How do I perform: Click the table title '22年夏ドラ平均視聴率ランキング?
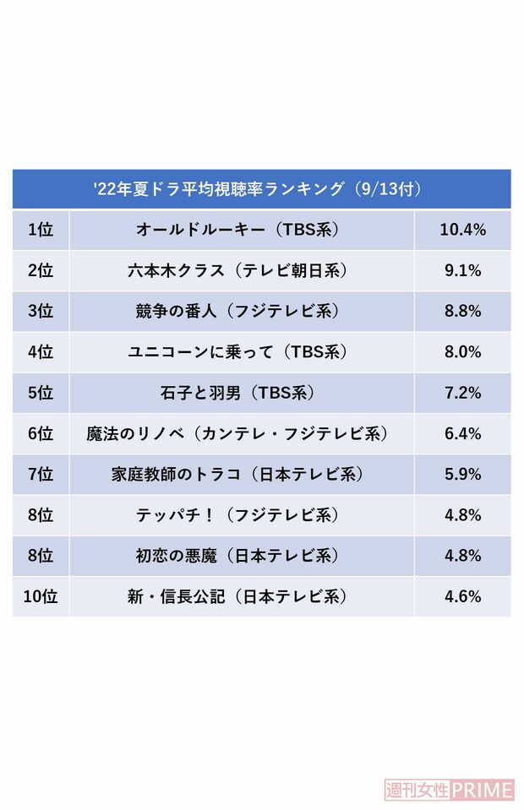tap(261, 188)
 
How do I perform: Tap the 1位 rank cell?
tap(40, 230)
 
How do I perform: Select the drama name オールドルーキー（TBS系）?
tap(242, 230)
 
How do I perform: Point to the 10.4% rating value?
tap(461, 230)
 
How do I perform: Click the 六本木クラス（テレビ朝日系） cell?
tap(242, 270)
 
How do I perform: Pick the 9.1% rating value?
tap(461, 270)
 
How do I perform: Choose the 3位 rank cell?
tap(40, 311)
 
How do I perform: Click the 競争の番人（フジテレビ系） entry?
tap(242, 311)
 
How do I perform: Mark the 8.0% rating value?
tap(461, 351)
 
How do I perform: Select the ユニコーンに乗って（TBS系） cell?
tap(242, 351)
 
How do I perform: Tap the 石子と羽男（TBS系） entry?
tap(242, 393)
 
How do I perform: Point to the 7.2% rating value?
tap(461, 393)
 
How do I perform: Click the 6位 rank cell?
tap(40, 433)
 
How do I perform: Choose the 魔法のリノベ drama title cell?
tap(242, 433)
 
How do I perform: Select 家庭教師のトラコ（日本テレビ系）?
tap(242, 474)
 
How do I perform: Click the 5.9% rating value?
tap(461, 474)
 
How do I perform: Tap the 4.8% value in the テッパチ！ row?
tap(461, 514)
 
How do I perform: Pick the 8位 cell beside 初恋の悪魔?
tap(40, 555)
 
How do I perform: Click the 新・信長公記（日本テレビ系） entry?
tap(242, 596)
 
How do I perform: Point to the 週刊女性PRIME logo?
tap(449, 790)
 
